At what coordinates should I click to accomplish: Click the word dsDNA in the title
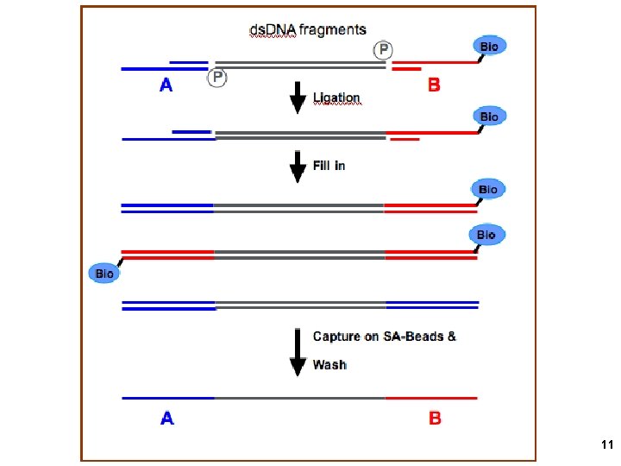tap(272, 30)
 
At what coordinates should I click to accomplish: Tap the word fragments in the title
tap(332, 30)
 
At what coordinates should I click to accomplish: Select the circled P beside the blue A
tap(217, 78)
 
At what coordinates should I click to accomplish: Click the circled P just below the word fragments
tap(380, 49)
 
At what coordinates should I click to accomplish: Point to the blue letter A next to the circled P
tap(166, 85)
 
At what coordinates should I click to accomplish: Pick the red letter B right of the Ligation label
tap(434, 85)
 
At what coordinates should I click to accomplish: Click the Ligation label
tap(336, 98)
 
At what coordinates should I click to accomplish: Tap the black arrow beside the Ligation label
tap(298, 97)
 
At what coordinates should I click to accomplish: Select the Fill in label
tap(329, 164)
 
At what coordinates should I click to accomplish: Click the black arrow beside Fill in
tap(298, 165)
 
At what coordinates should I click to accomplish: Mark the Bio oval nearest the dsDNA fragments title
tap(488, 46)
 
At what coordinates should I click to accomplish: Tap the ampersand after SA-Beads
tap(452, 336)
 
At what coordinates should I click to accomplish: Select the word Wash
tap(329, 364)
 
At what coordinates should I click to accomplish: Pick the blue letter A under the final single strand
tap(166, 419)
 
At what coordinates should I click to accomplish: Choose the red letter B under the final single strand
tap(435, 419)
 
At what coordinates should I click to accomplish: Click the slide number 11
tap(605, 445)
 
